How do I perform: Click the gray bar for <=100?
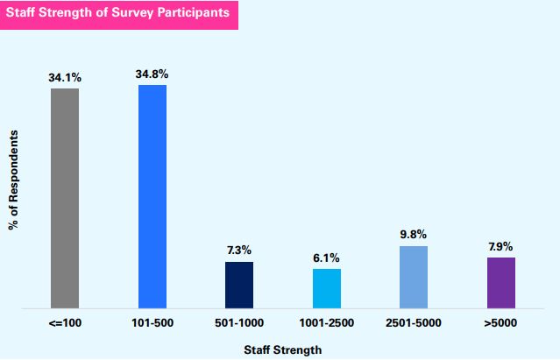(65, 198)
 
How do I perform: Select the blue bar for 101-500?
(152, 196)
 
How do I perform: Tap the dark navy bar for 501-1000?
(239, 285)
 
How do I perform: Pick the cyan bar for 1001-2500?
(326, 288)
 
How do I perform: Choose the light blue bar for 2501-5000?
(414, 277)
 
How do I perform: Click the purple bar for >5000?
(501, 282)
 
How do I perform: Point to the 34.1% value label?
(65, 78)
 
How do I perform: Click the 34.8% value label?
(152, 74)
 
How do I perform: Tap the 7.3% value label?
(239, 251)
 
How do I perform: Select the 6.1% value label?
(326, 258)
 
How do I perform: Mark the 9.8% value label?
(414, 236)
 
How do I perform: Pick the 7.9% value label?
(501, 247)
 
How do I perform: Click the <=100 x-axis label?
(65, 323)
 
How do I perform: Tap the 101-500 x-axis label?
(152, 323)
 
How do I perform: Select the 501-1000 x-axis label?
(239, 323)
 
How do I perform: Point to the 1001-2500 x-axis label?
(326, 323)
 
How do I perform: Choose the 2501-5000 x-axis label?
(414, 323)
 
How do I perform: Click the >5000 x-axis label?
(501, 323)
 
